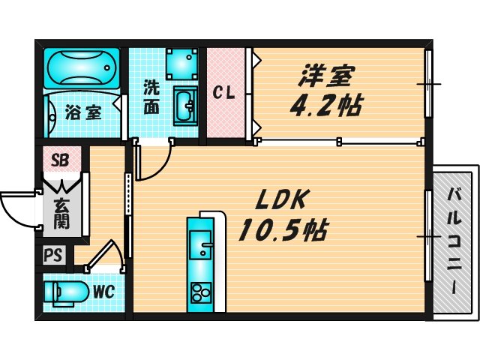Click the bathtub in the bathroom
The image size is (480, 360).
point(81,68)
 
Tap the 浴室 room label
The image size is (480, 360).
point(82,113)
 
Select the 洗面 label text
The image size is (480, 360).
point(151,96)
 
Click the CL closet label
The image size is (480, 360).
point(225,94)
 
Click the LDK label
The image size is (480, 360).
point(280,201)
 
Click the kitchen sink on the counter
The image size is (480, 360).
point(201,246)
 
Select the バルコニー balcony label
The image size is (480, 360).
point(454,241)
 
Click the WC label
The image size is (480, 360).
point(103,292)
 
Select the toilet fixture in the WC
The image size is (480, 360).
point(63,292)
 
